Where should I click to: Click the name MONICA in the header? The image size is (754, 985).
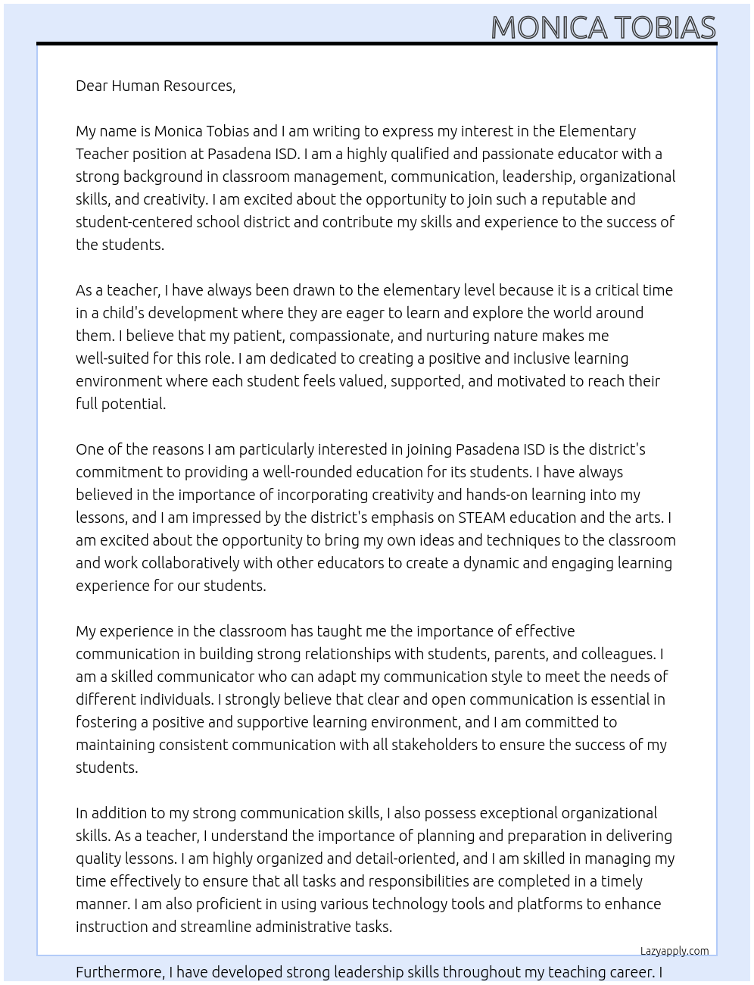tap(549, 28)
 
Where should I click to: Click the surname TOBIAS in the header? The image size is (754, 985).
tap(664, 28)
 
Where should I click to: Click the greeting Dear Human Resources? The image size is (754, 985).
tap(155, 86)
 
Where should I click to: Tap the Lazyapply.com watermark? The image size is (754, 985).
tap(674, 951)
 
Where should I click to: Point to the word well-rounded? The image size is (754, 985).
tap(306, 472)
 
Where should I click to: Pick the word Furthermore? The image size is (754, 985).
tap(120, 972)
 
